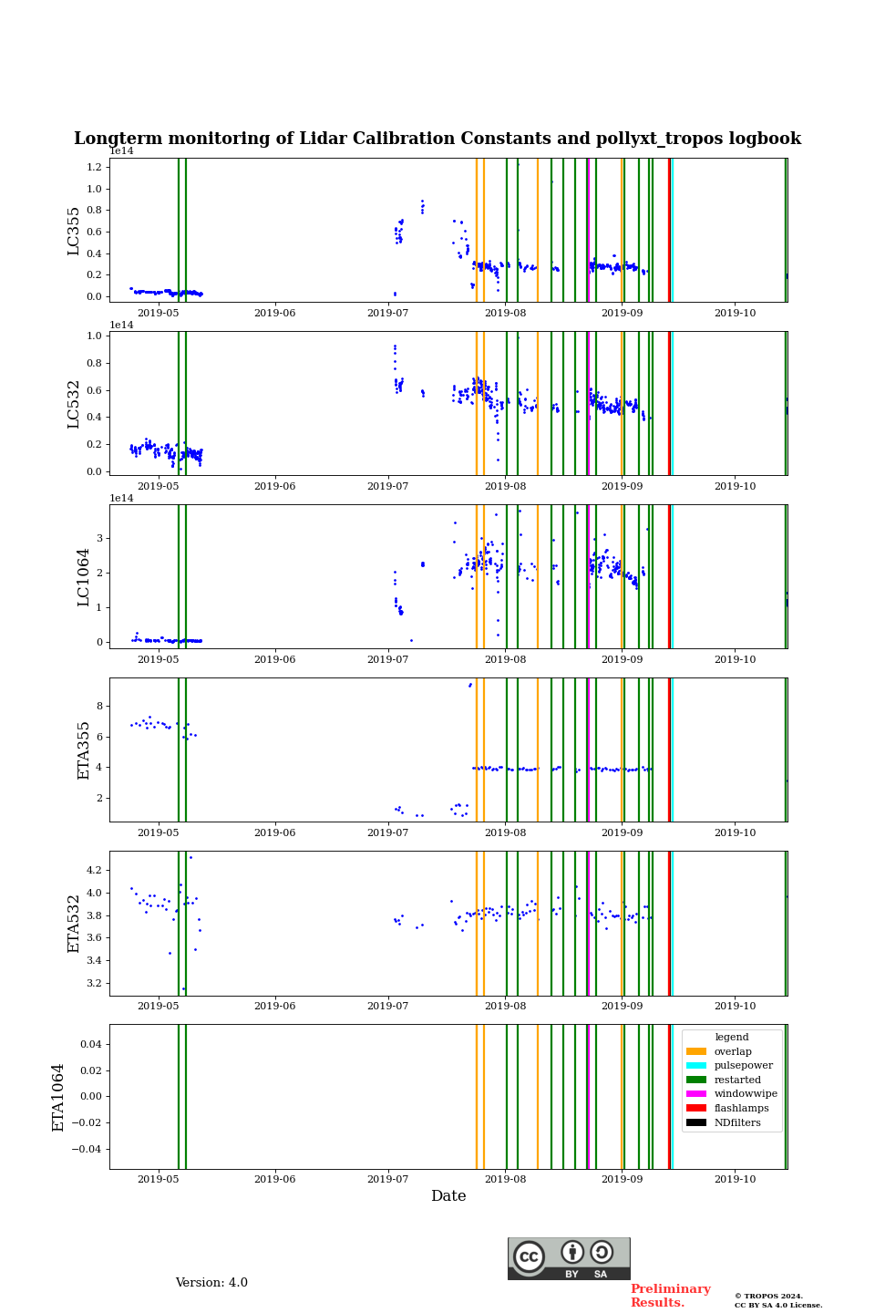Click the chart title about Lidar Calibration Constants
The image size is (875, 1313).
437,139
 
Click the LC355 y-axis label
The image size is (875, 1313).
74,231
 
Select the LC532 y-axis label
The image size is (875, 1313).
74,404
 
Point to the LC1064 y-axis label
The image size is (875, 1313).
83,577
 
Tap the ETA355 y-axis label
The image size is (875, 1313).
83,750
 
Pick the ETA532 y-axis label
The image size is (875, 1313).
74,924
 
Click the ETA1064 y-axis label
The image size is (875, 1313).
58,1097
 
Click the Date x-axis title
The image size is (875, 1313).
448,1196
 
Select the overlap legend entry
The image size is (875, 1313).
732,1051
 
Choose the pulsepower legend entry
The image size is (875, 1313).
742,1065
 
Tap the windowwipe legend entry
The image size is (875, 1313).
745,1094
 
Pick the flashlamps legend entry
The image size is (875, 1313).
740,1109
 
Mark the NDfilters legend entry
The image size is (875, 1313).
736,1123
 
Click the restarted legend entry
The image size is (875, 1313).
736,1080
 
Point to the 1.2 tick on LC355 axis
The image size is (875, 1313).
94,168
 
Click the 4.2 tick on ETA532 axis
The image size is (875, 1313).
94,870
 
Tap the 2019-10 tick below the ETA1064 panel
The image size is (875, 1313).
735,1180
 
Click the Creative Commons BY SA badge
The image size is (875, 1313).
569,1258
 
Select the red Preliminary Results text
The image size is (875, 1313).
670,1296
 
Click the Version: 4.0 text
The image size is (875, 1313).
211,1283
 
